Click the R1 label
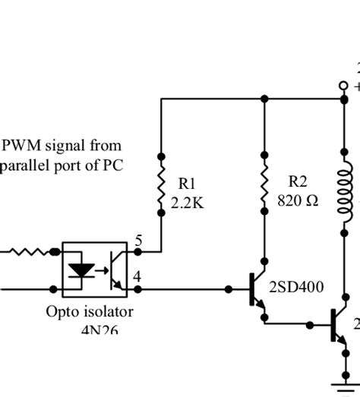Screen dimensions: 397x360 pyautogui.click(x=186, y=183)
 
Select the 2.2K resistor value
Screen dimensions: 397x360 pyautogui.click(x=187, y=202)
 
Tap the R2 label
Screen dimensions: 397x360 pyautogui.click(x=297, y=181)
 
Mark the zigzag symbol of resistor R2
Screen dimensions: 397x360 pyautogui.click(x=264, y=190)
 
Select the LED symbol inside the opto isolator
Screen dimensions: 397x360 pyautogui.click(x=81, y=270)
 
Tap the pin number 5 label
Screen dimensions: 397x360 pyautogui.click(x=138, y=241)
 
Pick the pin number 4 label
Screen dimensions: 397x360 pyautogui.click(x=137, y=277)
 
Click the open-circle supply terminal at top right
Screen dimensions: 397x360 pyautogui.click(x=343, y=86)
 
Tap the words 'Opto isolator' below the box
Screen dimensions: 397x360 pyautogui.click(x=89, y=311)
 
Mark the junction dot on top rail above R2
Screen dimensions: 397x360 pyautogui.click(x=264, y=99)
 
